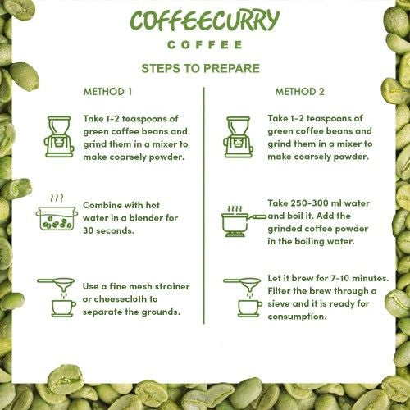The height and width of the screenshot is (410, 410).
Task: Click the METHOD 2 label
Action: [299, 91]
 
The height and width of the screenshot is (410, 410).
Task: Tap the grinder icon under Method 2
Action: [239, 136]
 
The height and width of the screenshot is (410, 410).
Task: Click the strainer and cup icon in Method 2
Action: [242, 297]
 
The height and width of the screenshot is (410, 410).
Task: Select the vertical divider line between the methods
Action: [203, 205]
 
